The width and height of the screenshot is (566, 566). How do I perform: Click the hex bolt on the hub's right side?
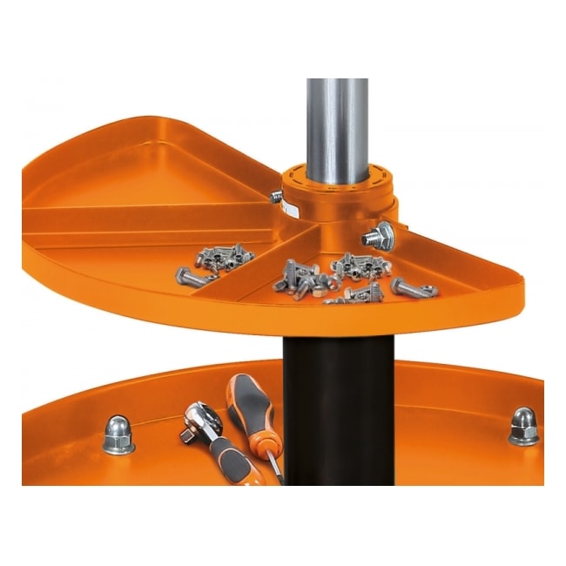[x=381, y=233]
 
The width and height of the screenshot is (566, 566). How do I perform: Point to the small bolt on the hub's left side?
[x=277, y=199]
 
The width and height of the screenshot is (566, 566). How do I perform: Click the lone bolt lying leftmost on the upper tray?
[x=189, y=278]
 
